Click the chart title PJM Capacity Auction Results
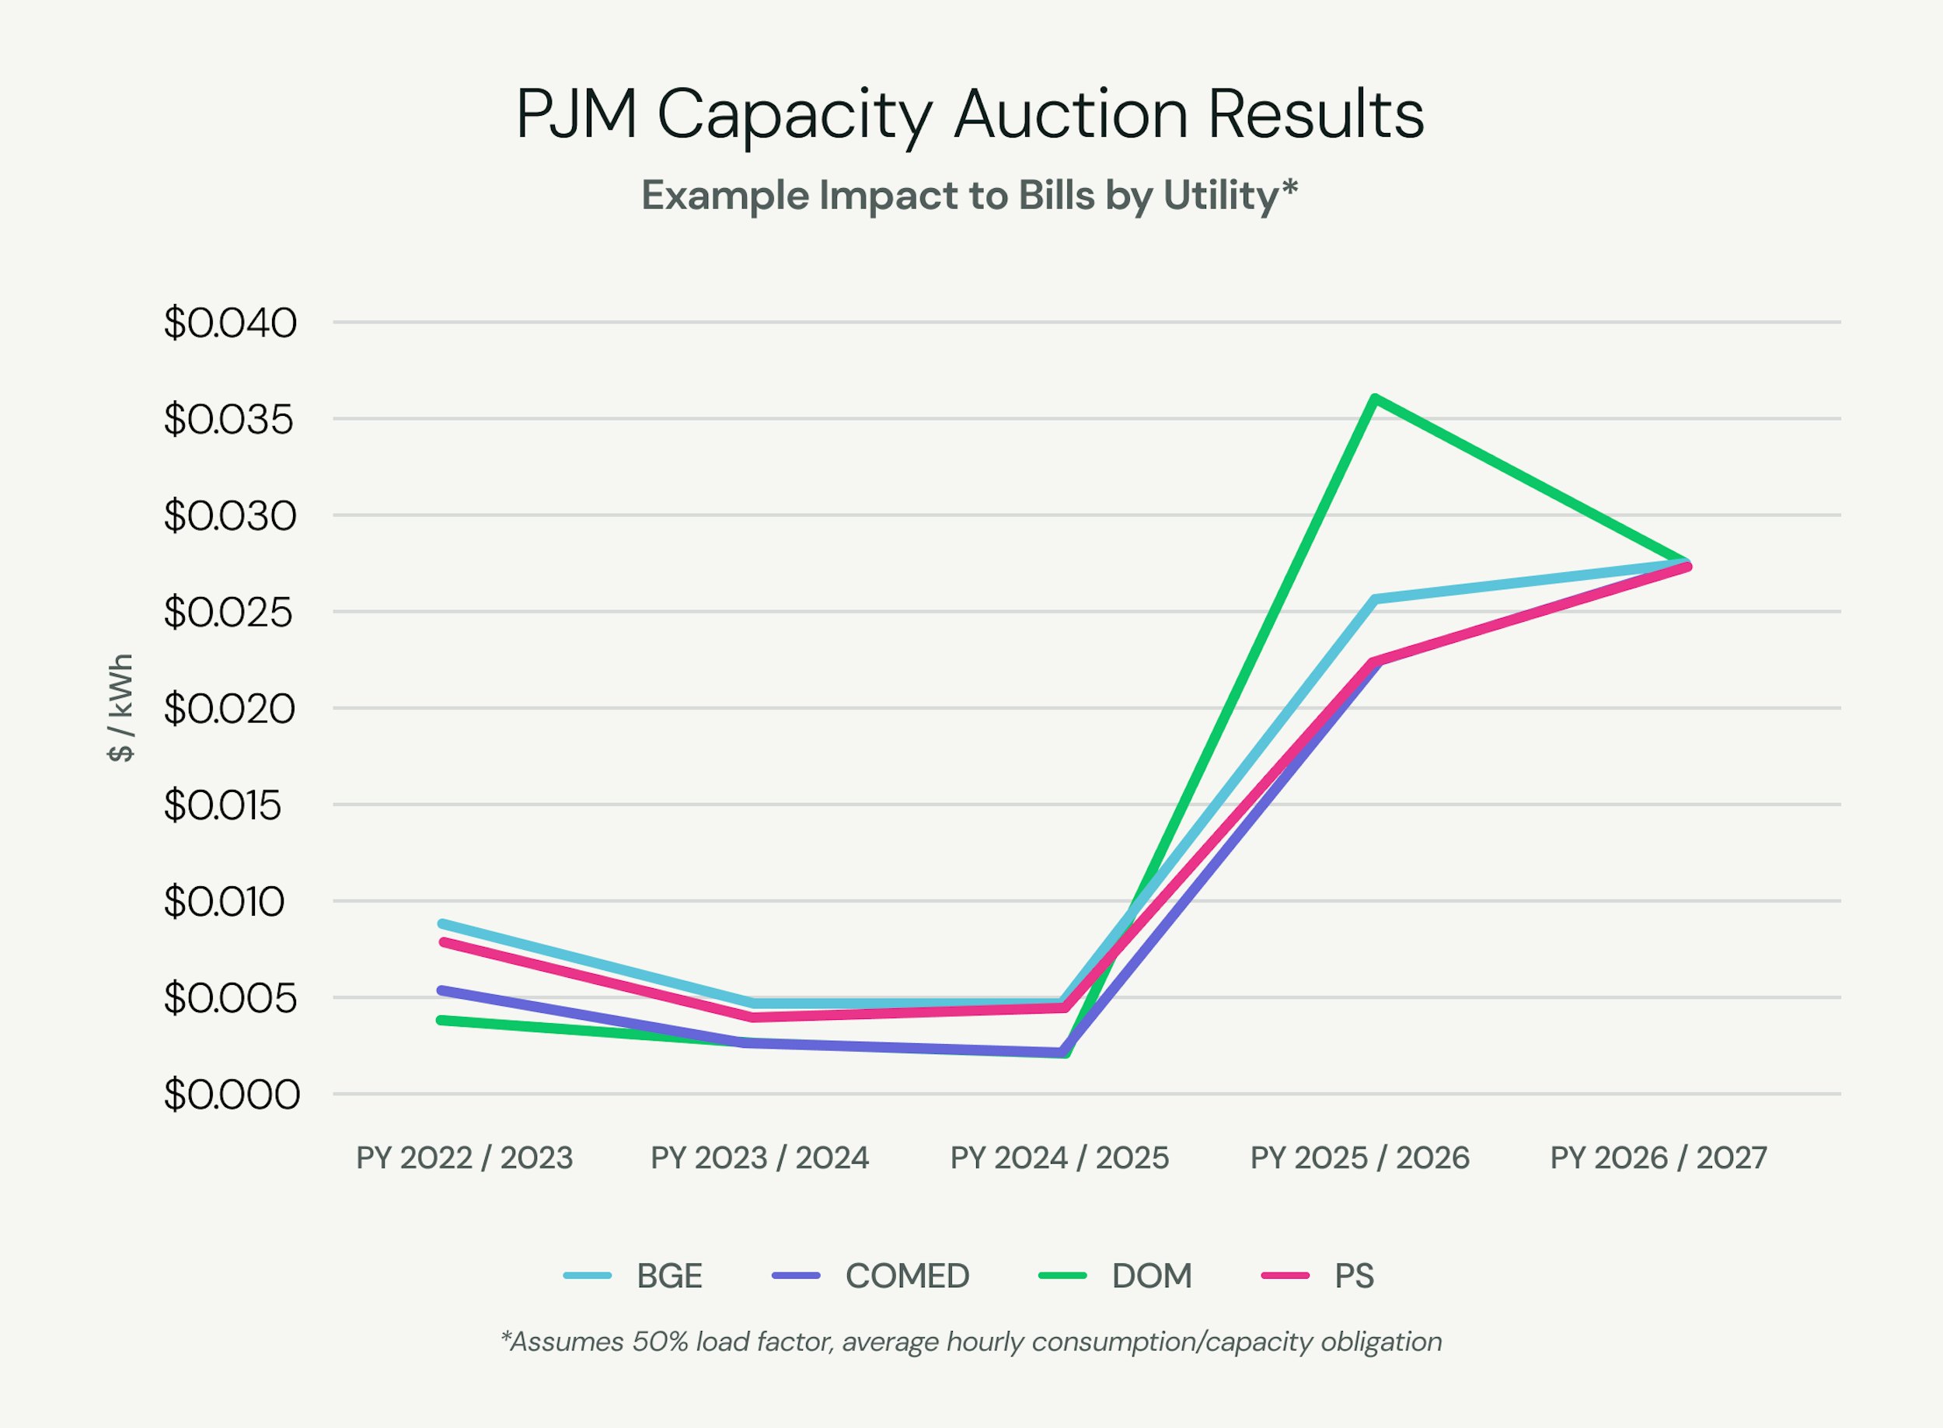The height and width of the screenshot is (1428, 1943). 970,115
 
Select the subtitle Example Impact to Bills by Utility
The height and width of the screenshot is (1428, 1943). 970,196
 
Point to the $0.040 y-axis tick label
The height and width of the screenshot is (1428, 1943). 230,323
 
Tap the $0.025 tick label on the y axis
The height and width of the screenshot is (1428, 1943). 229,613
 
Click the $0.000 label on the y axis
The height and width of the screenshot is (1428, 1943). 232,1095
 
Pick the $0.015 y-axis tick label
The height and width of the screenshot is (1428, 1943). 223,805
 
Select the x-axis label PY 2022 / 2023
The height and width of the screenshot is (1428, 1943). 464,1158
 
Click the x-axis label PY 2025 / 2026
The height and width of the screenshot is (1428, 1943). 1359,1158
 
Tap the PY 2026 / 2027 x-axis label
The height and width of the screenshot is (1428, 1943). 1659,1158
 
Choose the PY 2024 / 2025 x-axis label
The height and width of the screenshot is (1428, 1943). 1059,1158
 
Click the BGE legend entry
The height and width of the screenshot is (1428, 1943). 668,1276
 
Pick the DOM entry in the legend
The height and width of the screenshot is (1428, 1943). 1150,1276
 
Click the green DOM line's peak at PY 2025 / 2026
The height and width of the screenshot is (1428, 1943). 1374,399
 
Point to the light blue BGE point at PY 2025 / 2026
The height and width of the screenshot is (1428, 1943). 1374,599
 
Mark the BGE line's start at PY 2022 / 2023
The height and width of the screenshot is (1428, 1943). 442,923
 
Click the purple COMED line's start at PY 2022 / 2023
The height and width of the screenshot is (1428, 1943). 442,990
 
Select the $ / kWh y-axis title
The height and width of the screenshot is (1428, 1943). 120,708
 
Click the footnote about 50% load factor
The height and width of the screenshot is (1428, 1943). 971,1342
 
